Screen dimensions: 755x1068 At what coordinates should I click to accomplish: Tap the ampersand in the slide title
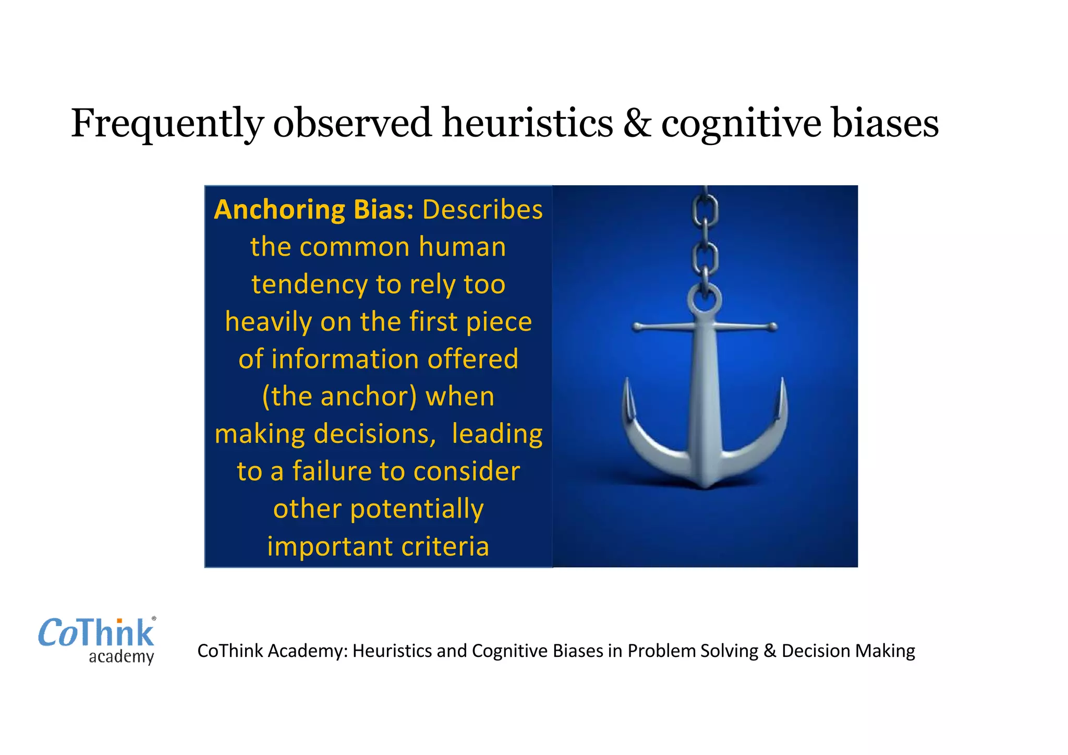pos(637,123)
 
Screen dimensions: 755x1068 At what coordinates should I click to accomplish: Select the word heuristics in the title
pos(527,123)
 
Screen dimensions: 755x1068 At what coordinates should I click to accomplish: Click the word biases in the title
pos(885,123)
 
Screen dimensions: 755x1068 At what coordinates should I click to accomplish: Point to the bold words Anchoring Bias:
pos(314,210)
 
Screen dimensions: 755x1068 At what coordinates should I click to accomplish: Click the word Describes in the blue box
pos(482,210)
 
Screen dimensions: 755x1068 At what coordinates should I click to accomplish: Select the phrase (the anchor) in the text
pos(339,396)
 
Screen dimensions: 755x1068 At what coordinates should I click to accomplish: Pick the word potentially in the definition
pos(417,509)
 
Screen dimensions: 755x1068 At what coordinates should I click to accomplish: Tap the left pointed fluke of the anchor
pos(627,397)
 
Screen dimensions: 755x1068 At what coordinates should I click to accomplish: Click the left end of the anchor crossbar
pos(637,327)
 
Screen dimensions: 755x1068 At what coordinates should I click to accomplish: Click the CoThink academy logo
pos(97,640)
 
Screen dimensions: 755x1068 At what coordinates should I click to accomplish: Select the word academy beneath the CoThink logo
pos(121,656)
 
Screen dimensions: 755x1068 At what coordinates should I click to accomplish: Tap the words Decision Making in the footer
pos(848,651)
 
